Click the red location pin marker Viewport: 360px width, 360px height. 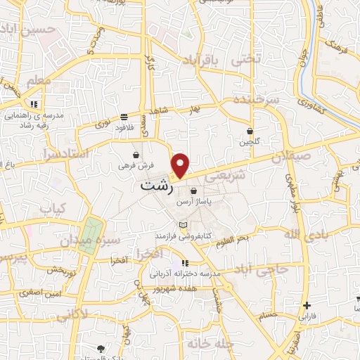coord(181,165)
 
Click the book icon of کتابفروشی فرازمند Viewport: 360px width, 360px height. coord(184,225)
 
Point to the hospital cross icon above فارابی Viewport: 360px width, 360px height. coord(306,305)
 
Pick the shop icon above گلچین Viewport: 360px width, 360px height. coord(250,131)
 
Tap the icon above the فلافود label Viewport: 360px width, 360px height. coord(124,117)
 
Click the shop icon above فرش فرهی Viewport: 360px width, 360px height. coord(135,155)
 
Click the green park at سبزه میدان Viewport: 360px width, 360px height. coord(91,232)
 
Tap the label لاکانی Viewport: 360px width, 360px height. coord(70,318)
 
